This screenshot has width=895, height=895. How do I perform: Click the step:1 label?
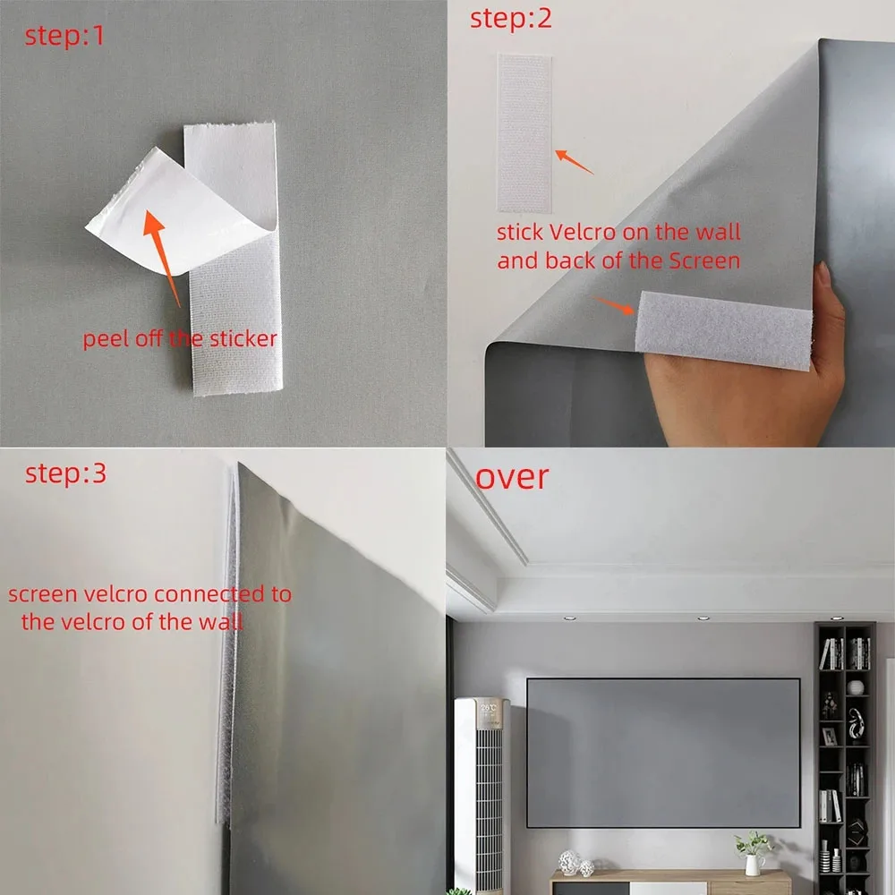(64, 37)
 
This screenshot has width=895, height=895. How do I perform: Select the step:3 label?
(65, 473)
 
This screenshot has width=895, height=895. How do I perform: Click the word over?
(511, 477)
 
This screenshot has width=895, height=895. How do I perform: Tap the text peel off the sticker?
(180, 339)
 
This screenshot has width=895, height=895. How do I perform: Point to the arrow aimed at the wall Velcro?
(575, 162)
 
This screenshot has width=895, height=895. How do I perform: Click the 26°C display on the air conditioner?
(489, 708)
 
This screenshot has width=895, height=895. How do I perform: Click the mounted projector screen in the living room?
(662, 753)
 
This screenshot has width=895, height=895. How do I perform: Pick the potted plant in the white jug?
(754, 850)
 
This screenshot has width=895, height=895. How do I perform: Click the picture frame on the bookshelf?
(830, 737)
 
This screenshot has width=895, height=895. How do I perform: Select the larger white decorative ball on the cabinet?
(568, 862)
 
